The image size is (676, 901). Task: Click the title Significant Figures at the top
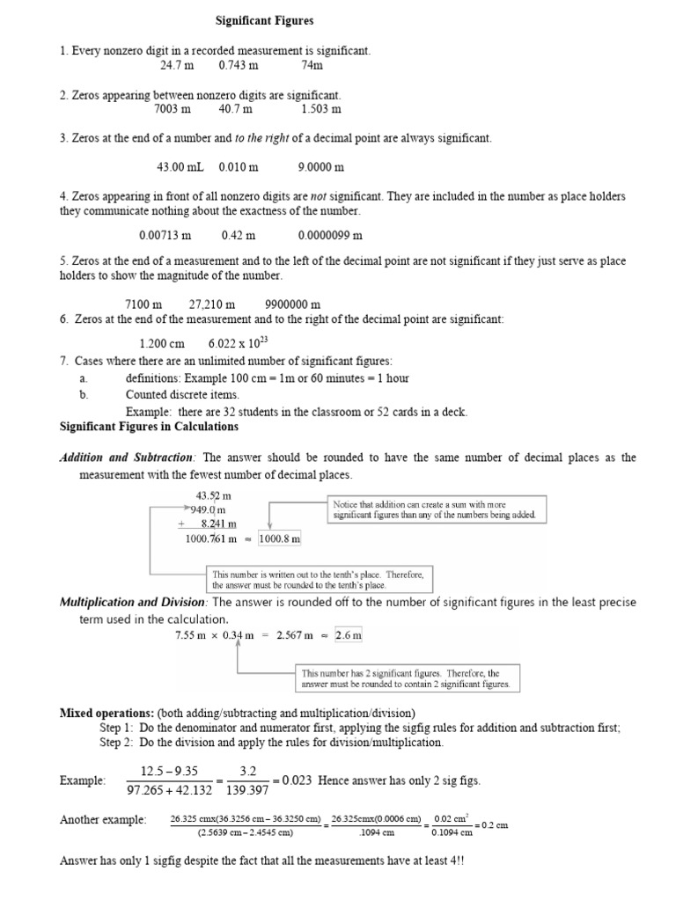[265, 19]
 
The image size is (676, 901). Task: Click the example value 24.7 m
[176, 65]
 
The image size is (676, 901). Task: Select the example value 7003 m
[172, 109]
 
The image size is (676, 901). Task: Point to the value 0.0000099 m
[330, 235]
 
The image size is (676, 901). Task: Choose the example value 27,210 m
[212, 304]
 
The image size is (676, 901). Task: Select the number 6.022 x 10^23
[241, 345]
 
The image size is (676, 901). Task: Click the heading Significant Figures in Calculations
[149, 427]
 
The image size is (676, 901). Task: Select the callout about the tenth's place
[319, 578]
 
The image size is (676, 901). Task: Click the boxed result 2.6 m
[348, 635]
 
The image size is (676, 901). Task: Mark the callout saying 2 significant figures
[406, 678]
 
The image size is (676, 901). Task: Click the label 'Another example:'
[103, 819]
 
